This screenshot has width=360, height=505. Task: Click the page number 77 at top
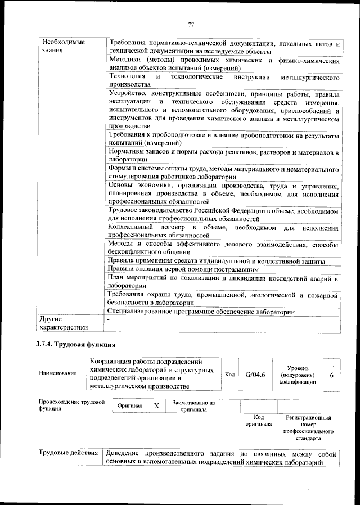pyautogui.click(x=191, y=24)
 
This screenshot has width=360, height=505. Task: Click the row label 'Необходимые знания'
pyautogui.click(x=61, y=46)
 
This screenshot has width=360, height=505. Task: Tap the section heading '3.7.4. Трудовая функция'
pyautogui.click(x=76, y=345)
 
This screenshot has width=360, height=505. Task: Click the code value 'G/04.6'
pyautogui.click(x=251, y=374)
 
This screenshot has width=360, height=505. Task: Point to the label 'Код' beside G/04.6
pyautogui.click(x=229, y=374)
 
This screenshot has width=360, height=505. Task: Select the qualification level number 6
pyautogui.click(x=332, y=374)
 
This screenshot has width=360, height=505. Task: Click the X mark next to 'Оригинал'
pyautogui.click(x=157, y=405)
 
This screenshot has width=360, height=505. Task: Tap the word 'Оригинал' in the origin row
pyautogui.click(x=130, y=405)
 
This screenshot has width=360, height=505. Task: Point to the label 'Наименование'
pyautogui.click(x=57, y=374)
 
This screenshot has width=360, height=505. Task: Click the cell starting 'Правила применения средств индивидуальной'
pyautogui.click(x=217, y=261)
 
